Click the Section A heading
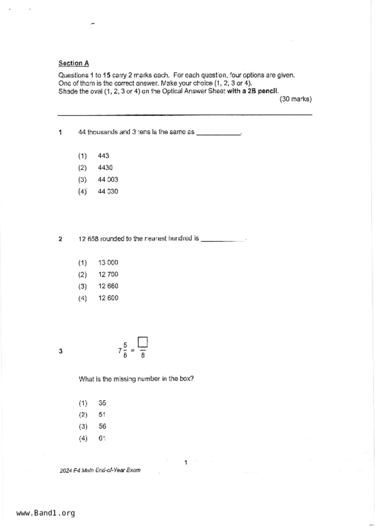coord(74,63)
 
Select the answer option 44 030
coord(108,192)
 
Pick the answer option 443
coord(104,156)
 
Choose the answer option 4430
coord(105,168)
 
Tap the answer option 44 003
coord(108,180)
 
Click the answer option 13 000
coord(108,263)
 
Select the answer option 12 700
coord(108,274)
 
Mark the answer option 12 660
coord(108,286)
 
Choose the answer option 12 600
coord(108,298)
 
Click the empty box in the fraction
coord(143,342)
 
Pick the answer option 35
coord(102,403)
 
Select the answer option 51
coord(102,415)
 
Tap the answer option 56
coord(102,427)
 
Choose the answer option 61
coord(102,438)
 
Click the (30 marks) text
coord(295,99)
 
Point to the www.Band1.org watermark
coord(45,513)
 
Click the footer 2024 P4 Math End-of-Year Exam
coord(100,470)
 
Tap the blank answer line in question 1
coord(219,133)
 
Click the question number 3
coord(61,351)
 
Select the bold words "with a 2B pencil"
coord(252,91)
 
